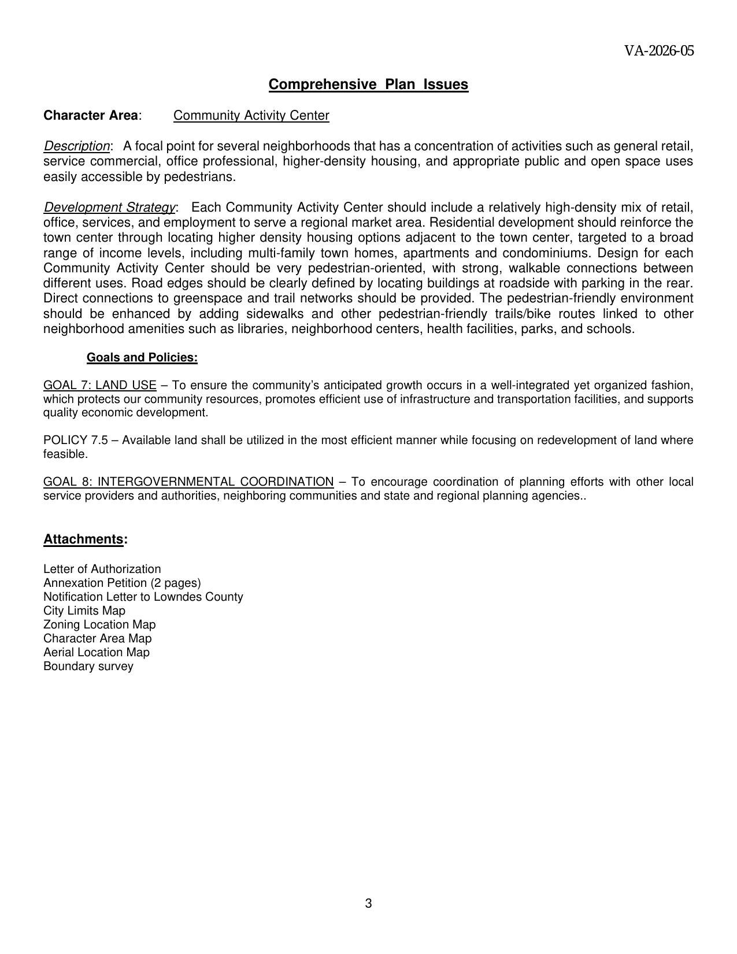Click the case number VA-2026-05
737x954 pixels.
point(658,51)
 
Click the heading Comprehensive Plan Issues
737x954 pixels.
point(368,84)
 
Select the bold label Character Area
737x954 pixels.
point(91,116)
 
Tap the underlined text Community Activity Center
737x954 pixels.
point(251,116)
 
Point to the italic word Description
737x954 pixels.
point(76,146)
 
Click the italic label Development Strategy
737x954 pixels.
point(110,208)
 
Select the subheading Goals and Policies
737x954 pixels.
point(142,358)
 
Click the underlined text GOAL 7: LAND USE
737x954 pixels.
point(99,386)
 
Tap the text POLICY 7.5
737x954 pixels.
point(76,441)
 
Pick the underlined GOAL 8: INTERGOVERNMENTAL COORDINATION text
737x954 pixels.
point(188,482)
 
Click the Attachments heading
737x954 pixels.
point(84,539)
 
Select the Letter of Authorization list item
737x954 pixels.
point(102,570)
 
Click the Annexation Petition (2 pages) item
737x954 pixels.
point(122,583)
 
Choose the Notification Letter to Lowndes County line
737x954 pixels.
point(143,597)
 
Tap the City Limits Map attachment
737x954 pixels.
point(84,611)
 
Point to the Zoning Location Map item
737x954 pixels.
point(99,625)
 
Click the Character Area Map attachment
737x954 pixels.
point(97,639)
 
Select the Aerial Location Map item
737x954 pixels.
point(96,653)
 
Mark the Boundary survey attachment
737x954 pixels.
point(88,667)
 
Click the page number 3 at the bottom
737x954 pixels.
point(368,904)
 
